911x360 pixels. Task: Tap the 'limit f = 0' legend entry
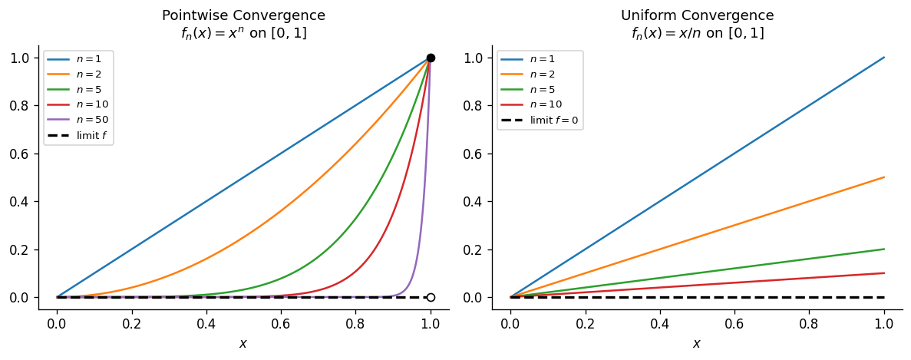pyautogui.click(x=540, y=121)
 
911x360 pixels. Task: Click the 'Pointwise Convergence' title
pyautogui.click(x=243, y=15)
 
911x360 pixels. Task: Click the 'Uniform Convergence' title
pyautogui.click(x=697, y=15)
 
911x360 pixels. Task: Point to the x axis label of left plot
pyautogui.click(x=243, y=344)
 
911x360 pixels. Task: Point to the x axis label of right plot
pyautogui.click(x=697, y=344)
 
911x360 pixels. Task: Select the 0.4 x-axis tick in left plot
pyautogui.click(x=206, y=324)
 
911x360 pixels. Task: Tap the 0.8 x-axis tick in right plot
pyautogui.click(x=810, y=324)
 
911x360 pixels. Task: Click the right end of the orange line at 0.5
pyautogui.click(x=885, y=177)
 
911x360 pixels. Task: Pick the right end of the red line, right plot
pyautogui.click(x=885, y=273)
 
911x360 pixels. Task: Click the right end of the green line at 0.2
pyautogui.click(x=885, y=249)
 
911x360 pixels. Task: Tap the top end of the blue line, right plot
pyautogui.click(x=885, y=58)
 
